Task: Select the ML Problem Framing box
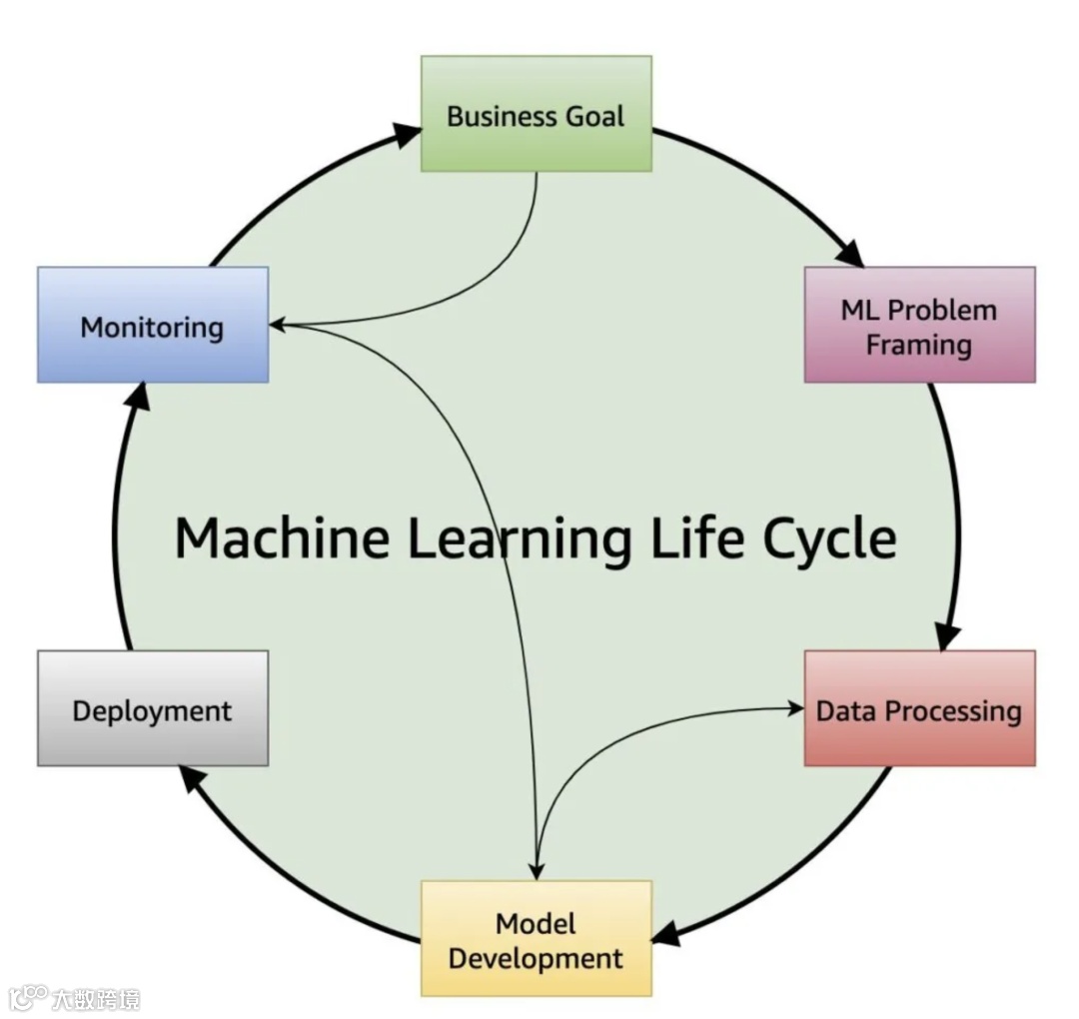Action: click(919, 325)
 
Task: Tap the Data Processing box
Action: click(919, 709)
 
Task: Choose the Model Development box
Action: click(536, 939)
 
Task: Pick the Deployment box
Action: click(152, 709)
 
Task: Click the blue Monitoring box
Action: click(152, 326)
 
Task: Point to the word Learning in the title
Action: click(519, 539)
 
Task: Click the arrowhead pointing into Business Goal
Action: click(407, 134)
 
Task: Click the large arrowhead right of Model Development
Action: click(666, 934)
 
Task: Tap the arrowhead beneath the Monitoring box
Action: click(139, 397)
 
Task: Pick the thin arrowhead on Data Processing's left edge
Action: click(796, 708)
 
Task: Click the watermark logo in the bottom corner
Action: click(28, 997)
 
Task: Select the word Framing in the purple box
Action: click(918, 345)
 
